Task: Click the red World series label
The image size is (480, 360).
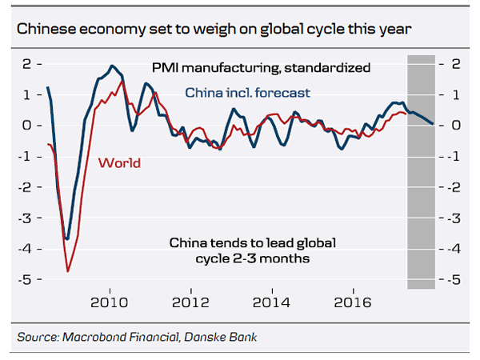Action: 119,163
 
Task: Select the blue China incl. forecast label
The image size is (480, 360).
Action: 247,94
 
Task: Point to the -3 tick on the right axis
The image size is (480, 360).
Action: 452,218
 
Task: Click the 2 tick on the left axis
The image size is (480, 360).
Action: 28,63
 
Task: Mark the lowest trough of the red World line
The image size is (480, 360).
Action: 68,271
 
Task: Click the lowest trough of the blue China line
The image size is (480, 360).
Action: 68,238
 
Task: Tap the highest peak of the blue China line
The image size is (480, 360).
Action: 112,66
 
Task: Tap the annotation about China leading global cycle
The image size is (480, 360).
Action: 251,250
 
